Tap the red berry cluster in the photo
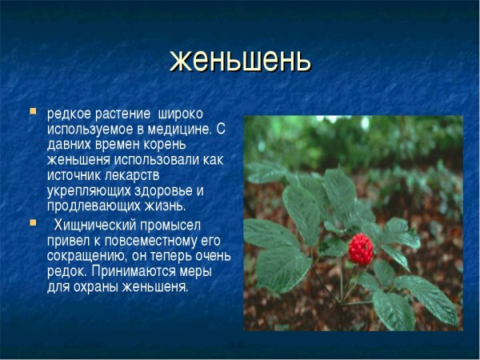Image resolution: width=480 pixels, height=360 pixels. click(x=361, y=248)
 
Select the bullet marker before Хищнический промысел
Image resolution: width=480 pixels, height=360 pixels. click(x=33, y=222)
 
